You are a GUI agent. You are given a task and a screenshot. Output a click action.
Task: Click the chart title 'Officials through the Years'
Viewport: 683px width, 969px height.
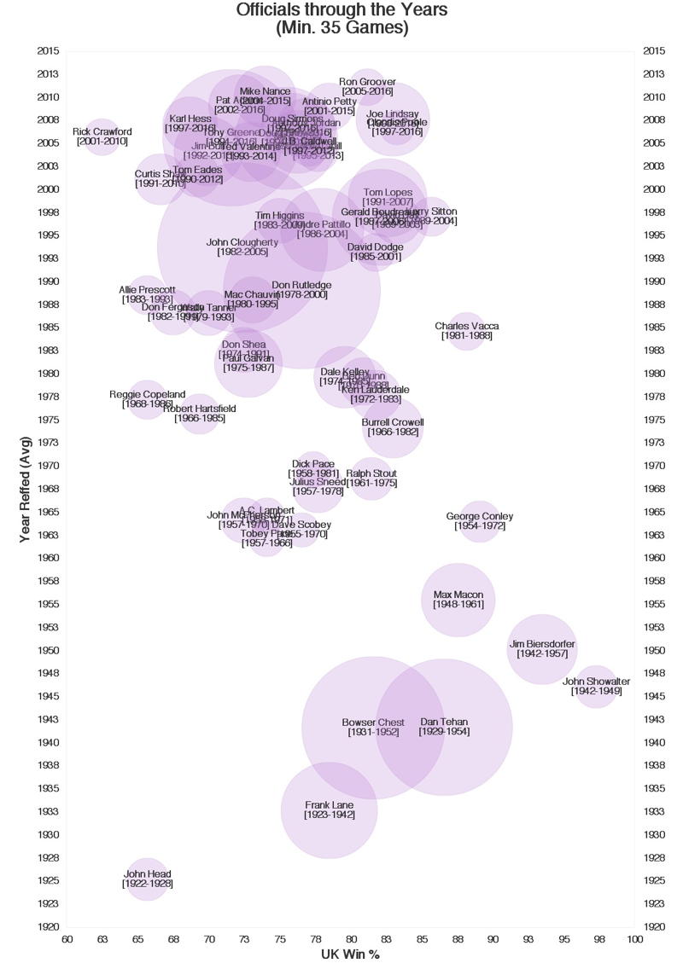coord(341,10)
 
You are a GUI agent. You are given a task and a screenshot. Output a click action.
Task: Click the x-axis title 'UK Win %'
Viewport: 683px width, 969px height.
coord(350,954)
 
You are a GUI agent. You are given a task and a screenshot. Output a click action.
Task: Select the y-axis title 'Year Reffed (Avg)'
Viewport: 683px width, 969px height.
coord(26,489)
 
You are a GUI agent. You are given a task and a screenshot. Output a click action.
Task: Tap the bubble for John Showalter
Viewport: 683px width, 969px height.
coord(597,687)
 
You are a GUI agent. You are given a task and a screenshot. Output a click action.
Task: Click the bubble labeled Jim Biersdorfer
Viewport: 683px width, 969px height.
coord(541,649)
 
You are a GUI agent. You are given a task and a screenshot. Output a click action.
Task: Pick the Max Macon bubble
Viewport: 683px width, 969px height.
coord(458,600)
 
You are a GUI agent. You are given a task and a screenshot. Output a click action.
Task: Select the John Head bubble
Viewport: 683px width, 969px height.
coord(147,879)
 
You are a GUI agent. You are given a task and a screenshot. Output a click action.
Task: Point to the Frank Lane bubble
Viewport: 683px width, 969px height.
coord(329,809)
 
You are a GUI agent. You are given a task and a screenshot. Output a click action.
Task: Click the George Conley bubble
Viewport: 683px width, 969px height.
coord(480,521)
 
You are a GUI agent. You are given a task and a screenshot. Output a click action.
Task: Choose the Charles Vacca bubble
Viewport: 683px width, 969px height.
coord(466,331)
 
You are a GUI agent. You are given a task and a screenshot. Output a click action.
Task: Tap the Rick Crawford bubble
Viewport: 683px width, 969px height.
coord(102,136)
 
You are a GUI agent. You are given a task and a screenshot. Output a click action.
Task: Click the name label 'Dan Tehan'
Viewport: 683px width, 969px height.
coord(444,722)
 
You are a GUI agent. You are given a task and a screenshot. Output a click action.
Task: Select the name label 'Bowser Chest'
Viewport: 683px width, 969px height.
coord(373,722)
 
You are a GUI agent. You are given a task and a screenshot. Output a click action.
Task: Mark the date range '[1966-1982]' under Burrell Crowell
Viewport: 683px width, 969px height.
coord(393,432)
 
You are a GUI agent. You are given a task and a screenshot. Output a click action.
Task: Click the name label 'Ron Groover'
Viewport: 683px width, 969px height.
coord(367,82)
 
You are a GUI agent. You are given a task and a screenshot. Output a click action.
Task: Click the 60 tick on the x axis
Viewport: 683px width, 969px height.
coord(67,939)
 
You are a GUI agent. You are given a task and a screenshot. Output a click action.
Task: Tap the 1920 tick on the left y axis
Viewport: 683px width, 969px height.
coord(48,927)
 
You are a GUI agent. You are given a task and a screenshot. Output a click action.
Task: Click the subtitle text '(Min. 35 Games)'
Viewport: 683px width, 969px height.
coord(341,28)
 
